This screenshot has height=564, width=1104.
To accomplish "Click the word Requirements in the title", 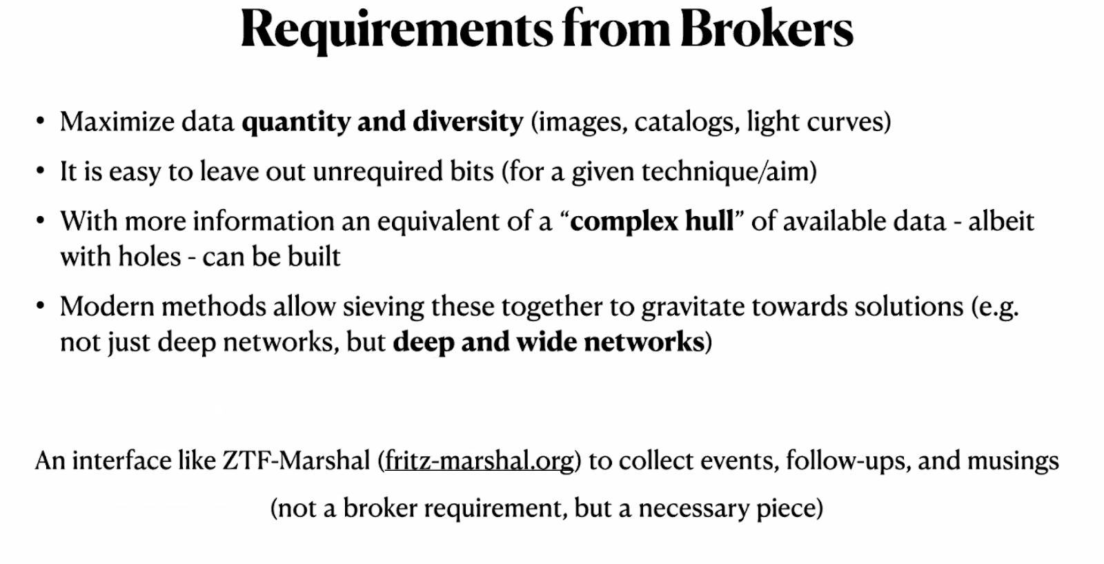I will point(397,29).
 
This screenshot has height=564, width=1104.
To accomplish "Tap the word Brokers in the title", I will point(766,29).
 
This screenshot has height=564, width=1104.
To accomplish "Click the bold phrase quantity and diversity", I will point(382,122).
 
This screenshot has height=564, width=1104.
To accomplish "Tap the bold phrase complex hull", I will point(652,222).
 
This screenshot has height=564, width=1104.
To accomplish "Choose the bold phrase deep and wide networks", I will point(549,342).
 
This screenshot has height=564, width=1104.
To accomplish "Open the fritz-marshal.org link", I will point(479,460).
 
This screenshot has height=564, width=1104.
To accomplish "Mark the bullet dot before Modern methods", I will point(41,306).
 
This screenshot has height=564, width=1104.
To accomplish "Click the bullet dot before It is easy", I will point(41,171).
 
